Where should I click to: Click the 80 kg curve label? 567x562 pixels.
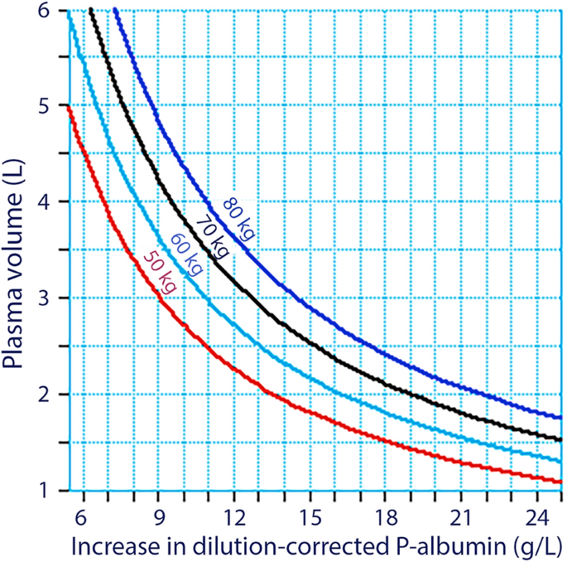238,219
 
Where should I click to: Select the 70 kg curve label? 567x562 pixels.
210,236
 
